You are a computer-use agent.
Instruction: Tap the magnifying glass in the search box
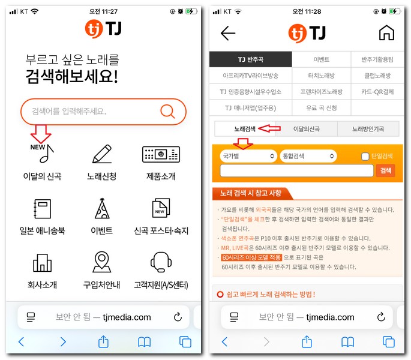click(167, 111)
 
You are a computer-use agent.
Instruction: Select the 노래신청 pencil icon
click(101, 154)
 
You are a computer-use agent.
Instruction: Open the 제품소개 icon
click(161, 154)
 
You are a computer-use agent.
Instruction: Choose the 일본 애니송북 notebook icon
click(42, 209)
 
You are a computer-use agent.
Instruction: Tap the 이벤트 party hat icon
click(101, 208)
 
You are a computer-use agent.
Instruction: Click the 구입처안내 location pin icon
click(101, 262)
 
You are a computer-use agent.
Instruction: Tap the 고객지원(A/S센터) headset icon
click(161, 262)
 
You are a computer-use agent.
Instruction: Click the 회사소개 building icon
click(42, 263)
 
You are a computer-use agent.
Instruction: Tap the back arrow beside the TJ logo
click(228, 33)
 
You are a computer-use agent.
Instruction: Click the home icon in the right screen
click(386, 33)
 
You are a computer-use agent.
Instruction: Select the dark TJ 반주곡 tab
click(250, 59)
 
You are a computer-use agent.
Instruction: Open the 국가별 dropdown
click(248, 156)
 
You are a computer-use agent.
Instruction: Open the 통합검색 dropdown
click(308, 156)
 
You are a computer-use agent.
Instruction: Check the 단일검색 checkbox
click(365, 157)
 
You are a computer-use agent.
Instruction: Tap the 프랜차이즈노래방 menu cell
click(321, 92)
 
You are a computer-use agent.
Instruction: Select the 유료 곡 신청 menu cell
click(321, 107)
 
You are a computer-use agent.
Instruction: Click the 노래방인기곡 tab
click(367, 129)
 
